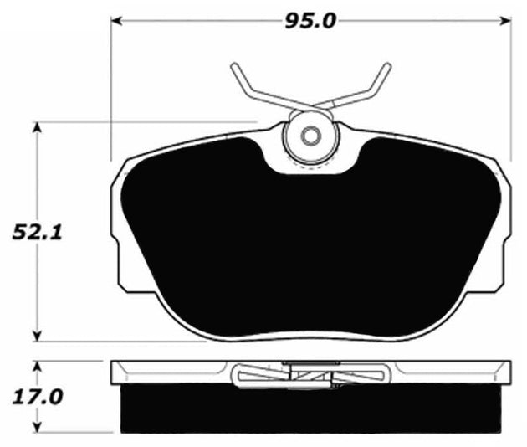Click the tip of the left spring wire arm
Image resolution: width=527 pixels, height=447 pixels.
coord(233,65)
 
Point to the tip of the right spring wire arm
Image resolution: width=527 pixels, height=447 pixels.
coord(387,65)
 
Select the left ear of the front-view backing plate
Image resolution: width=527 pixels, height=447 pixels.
coord(118,226)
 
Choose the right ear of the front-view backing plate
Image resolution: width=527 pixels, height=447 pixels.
coord(505,226)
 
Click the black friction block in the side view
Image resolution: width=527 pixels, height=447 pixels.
coord(311,410)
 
